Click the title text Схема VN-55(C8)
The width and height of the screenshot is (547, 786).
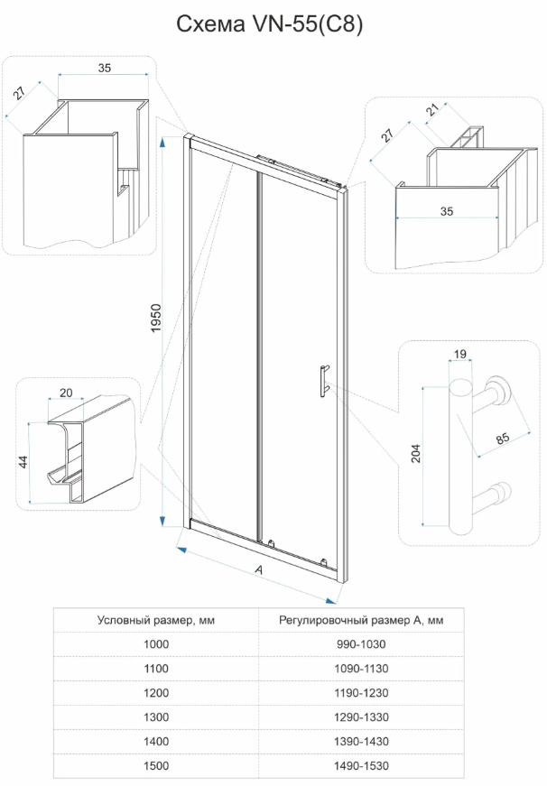coord(269,24)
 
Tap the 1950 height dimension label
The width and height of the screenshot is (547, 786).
coord(156,318)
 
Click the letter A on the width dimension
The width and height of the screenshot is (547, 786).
coord(259,570)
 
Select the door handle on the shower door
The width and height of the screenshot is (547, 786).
coord(323,382)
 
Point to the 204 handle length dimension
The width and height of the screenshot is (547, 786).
coord(416,453)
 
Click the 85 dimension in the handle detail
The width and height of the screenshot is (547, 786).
coord(503,438)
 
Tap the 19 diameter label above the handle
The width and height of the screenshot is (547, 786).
coord(459,355)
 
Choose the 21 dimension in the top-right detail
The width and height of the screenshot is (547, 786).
coord(432,109)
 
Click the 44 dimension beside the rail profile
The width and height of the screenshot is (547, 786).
coord(23,462)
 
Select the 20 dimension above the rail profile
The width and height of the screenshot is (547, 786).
coord(66,393)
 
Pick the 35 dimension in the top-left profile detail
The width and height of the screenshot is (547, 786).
coord(105,68)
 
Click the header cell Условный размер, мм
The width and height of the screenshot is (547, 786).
coord(156,620)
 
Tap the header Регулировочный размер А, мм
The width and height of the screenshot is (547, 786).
coord(361,620)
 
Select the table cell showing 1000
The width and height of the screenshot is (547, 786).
coord(156,644)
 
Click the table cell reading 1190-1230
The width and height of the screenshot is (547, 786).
coord(361,693)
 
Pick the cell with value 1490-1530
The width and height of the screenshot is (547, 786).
coord(361,765)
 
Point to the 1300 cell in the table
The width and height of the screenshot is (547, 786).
coord(156,717)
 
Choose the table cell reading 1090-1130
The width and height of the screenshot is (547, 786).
coord(361,668)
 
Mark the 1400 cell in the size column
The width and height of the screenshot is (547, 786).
coord(156,742)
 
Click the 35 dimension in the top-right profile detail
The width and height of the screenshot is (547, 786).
coord(446,211)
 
